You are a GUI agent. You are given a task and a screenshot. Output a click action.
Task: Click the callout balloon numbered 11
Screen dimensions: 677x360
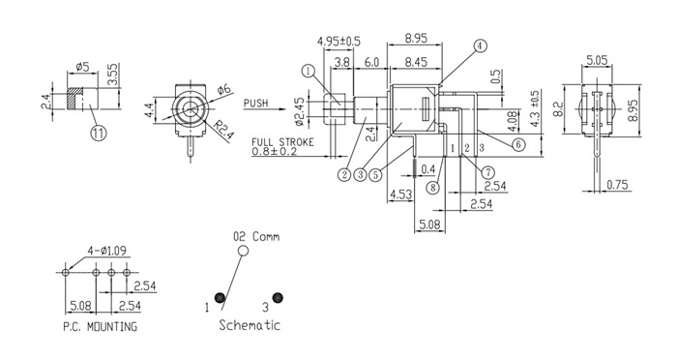pyautogui.click(x=98, y=133)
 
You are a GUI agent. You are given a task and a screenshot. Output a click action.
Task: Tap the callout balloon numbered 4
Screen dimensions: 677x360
pyautogui.click(x=480, y=45)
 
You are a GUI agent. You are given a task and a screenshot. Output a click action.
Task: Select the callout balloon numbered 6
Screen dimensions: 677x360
pyautogui.click(x=518, y=144)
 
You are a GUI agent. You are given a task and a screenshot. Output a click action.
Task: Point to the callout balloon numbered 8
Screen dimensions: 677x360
pyautogui.click(x=432, y=188)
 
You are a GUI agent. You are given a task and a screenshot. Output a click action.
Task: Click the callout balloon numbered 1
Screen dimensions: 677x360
pyautogui.click(x=309, y=72)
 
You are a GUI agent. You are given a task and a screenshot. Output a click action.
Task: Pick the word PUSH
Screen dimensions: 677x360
pyautogui.click(x=256, y=104)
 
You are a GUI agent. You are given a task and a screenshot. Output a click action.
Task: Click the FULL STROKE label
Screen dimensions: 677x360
pyautogui.click(x=282, y=142)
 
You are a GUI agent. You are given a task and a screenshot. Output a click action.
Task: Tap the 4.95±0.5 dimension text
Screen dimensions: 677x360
pyautogui.click(x=338, y=42)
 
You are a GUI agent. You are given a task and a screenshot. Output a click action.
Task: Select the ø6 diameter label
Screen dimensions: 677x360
pyautogui.click(x=224, y=89)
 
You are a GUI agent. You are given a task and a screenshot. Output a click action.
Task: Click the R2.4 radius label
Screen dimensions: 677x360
pyautogui.click(x=224, y=130)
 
